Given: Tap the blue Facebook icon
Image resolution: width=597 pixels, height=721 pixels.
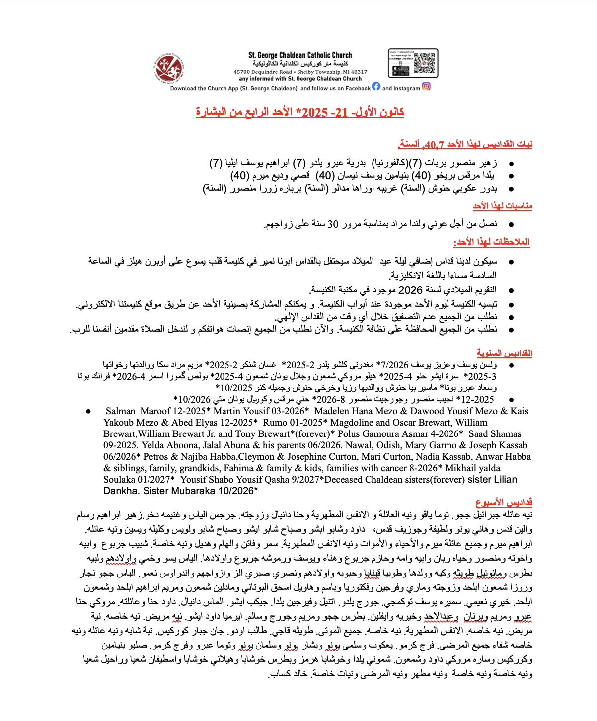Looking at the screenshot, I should tap(376, 86).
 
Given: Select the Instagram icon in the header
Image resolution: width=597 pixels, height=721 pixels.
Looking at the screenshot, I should tap(426, 86).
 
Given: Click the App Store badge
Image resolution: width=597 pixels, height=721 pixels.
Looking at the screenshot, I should tap(400, 69).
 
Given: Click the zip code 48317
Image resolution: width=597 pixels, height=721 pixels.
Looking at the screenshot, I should tap(359, 72).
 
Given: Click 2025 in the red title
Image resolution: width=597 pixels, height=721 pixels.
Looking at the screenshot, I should tap(314, 112).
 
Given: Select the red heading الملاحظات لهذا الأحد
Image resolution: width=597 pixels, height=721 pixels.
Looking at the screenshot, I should tap(491, 242).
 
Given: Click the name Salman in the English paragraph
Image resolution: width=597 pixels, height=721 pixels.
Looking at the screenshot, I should tap(120, 411).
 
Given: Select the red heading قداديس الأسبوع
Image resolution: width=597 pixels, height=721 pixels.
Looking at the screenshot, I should tap(504, 503).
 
